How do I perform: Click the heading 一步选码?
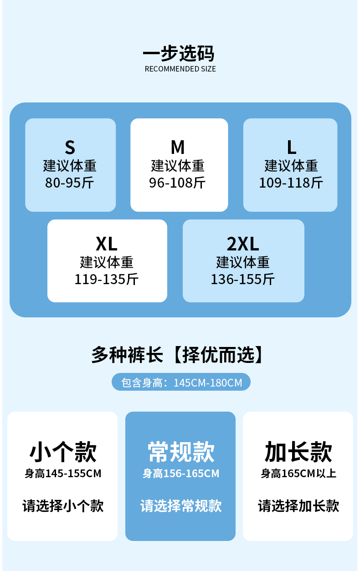click(178, 53)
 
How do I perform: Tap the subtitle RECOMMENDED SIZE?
click(180, 69)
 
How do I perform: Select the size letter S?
click(70, 147)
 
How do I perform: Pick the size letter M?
click(178, 147)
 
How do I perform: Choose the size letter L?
click(291, 147)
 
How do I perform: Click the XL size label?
click(107, 244)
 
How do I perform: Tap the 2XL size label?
click(243, 244)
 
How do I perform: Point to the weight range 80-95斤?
click(70, 183)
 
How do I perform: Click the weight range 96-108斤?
click(178, 183)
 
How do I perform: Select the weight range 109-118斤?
click(291, 183)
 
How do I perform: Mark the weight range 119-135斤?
click(107, 279)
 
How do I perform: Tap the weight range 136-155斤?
click(243, 279)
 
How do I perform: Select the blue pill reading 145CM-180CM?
click(181, 382)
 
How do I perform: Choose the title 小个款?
click(63, 452)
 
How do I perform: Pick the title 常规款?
click(181, 452)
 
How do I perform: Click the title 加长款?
click(298, 452)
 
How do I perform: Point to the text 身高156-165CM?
click(181, 474)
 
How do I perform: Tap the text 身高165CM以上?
click(298, 474)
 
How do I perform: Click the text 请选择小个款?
click(63, 505)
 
